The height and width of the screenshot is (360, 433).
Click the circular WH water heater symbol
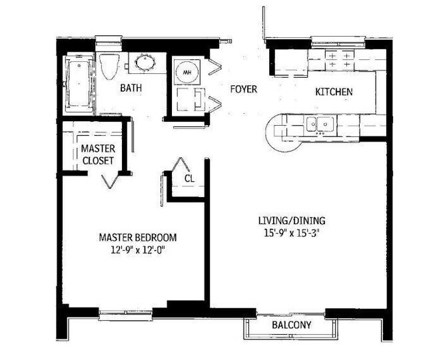[187, 71]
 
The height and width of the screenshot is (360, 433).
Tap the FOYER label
[244, 89]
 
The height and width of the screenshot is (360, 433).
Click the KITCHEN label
[334, 92]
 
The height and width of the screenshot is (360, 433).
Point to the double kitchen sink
[319, 124]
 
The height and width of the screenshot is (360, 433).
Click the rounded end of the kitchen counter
[274, 131]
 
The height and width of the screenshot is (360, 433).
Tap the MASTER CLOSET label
[98, 154]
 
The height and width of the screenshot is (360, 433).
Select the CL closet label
[189, 178]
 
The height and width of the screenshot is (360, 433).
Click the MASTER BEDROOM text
[138, 237]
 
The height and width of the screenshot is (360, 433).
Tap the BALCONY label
[291, 325]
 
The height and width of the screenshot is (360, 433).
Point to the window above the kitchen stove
[333, 40]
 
